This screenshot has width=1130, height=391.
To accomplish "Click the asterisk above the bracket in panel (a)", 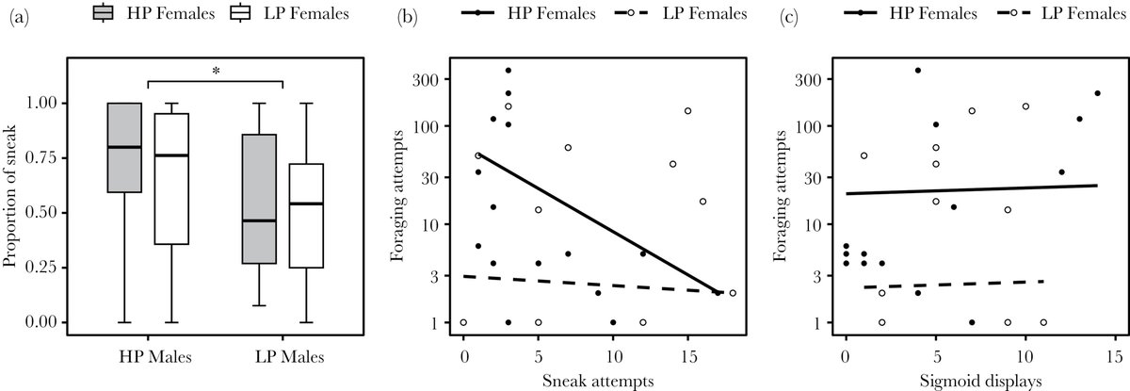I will tap(216, 70).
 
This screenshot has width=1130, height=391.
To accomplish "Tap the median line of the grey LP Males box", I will tap(259, 220).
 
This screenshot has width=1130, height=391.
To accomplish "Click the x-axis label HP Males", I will tap(147, 357).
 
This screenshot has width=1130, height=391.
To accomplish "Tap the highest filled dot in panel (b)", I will tap(508, 71).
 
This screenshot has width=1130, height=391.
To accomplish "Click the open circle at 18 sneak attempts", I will tap(733, 293).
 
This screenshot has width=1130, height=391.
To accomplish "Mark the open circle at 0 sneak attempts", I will tap(463, 322).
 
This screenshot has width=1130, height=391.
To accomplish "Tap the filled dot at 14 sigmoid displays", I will tap(1097, 93).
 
